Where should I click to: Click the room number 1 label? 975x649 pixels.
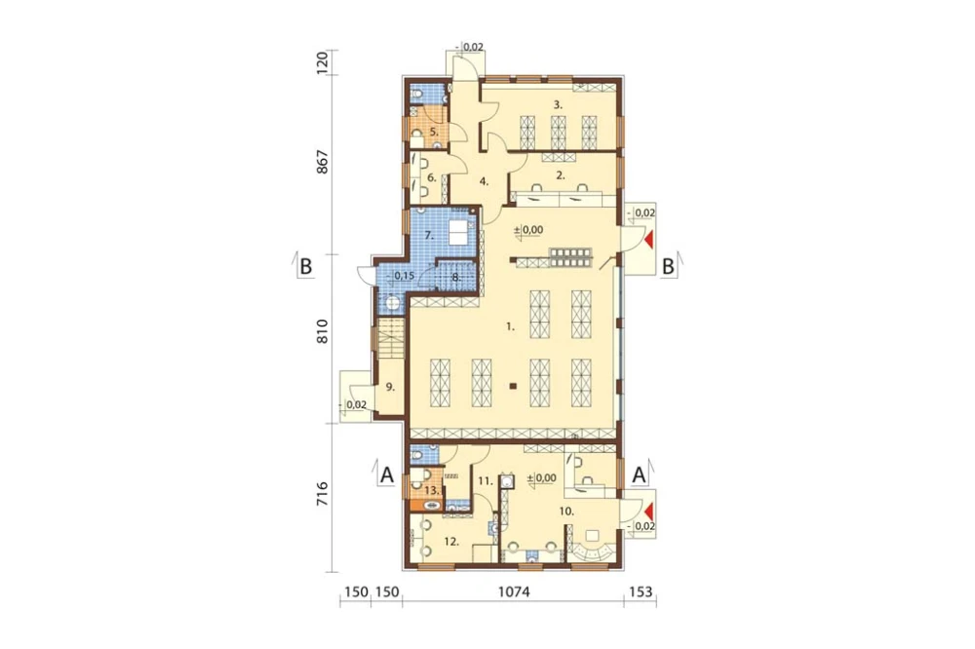pos(511,325)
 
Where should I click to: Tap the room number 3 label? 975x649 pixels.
pos(559,105)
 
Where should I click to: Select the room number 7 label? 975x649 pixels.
pos(429,235)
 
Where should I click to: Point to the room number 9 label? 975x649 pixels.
pos(390,387)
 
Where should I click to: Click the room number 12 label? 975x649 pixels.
pos(451,542)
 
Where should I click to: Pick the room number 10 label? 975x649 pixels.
pos(566,512)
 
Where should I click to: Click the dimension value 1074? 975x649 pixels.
pos(514,592)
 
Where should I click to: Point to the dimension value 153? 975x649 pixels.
pos(641,592)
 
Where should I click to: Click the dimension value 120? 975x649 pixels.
pos(322,63)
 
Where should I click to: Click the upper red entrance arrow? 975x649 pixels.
pos(649,240)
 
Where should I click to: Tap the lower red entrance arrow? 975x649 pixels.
pos(649,513)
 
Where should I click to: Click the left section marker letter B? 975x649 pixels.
pos(305,267)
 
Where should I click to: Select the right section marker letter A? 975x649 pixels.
pos(639,475)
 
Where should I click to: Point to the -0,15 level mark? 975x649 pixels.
pos(401,276)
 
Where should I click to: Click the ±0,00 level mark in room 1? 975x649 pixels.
pos(528,230)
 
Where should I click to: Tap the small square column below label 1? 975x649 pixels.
pos(513,387)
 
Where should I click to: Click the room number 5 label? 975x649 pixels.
pos(434,132)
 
